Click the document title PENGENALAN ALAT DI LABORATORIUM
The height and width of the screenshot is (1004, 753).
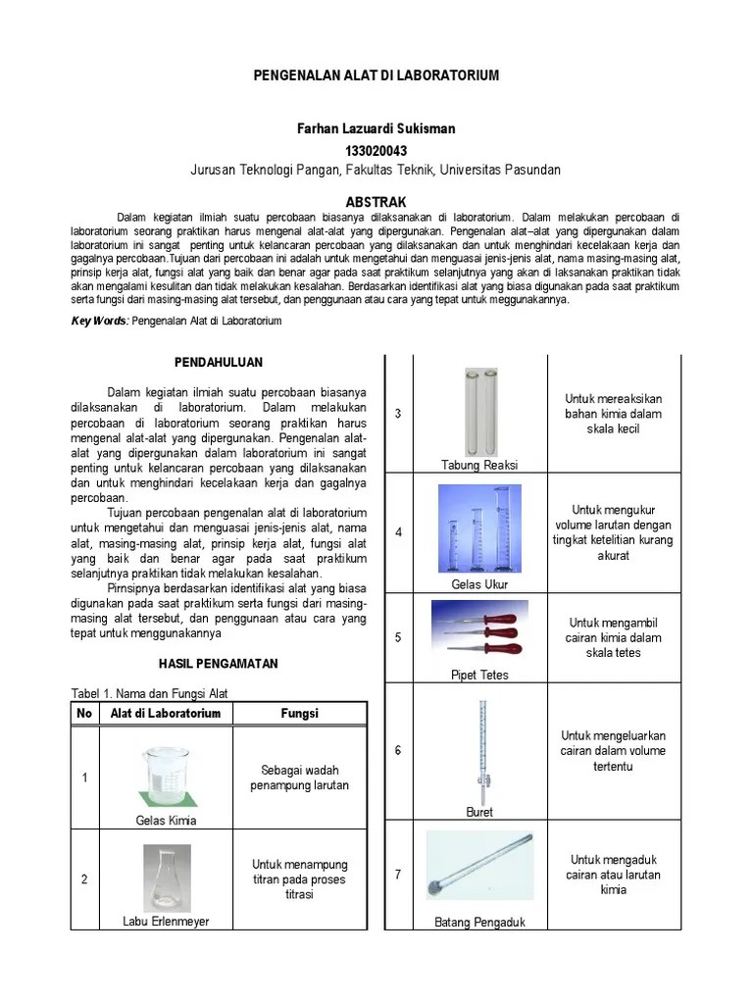(376, 75)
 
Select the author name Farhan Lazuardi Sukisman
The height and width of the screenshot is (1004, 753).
(376, 129)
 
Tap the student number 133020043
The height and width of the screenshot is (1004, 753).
(376, 150)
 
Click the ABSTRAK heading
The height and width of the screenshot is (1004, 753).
(376, 201)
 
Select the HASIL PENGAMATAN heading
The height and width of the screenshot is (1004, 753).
(218, 664)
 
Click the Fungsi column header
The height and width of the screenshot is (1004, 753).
(299, 713)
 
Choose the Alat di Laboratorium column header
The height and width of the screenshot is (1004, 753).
(166, 713)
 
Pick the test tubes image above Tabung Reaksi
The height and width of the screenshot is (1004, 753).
(479, 410)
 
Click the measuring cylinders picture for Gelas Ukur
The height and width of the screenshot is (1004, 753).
(479, 529)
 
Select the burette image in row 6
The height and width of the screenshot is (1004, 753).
(480, 747)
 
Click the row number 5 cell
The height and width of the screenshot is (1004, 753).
(398, 637)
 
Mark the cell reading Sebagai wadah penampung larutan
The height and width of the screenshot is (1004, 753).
(299, 778)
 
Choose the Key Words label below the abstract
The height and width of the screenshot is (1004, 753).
(100, 321)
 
